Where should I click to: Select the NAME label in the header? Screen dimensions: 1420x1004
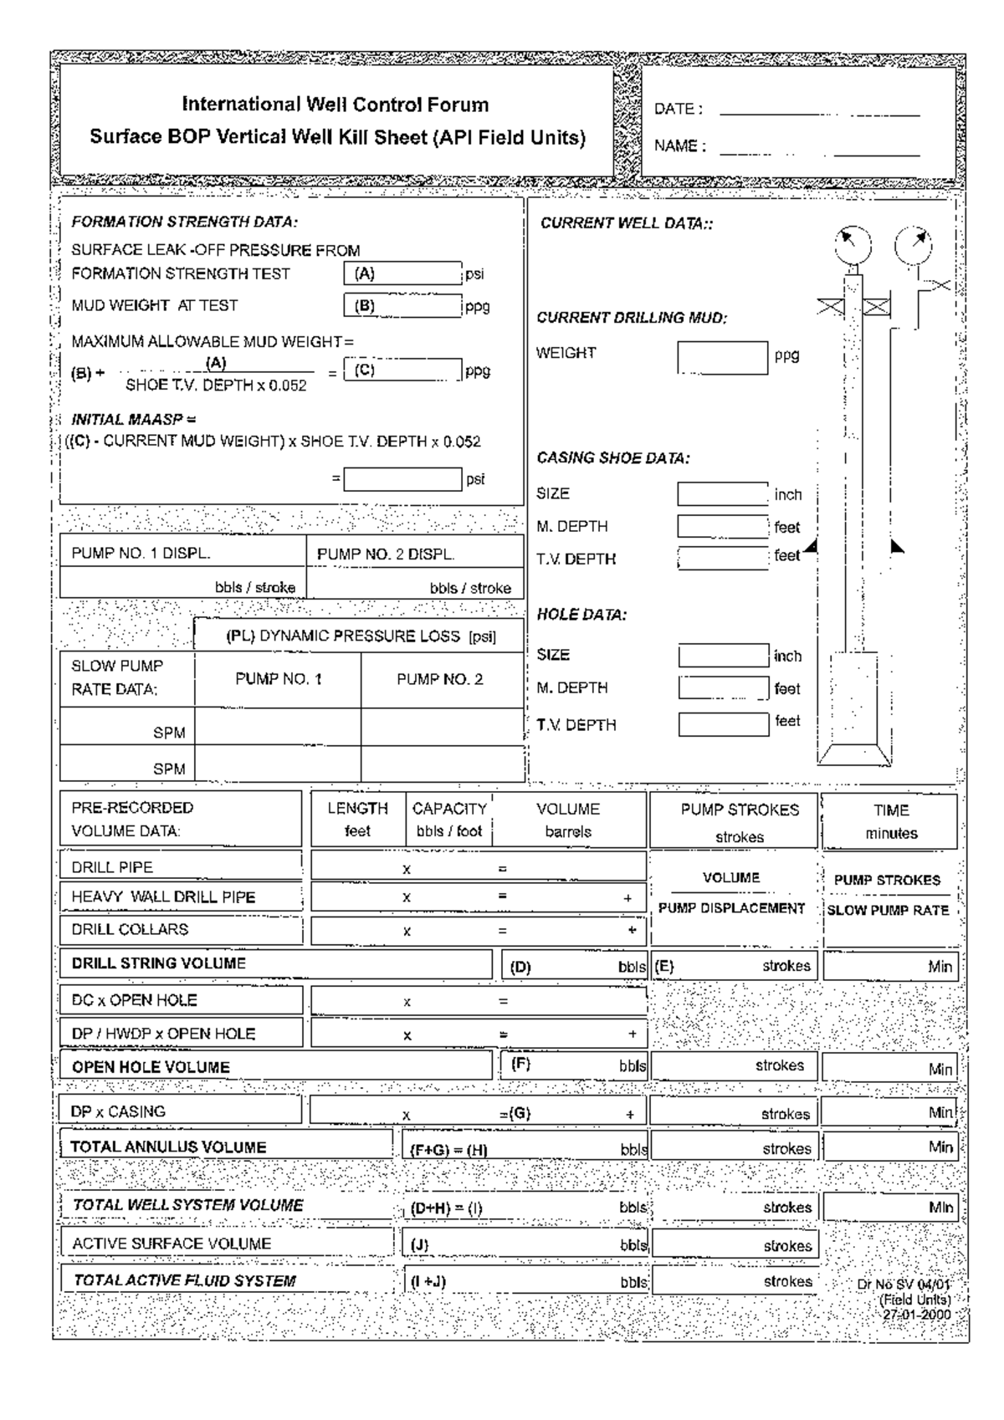point(679,146)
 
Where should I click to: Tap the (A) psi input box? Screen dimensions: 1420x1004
point(402,273)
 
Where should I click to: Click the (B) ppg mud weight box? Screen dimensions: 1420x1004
point(402,305)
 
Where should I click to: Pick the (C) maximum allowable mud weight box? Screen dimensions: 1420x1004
point(402,370)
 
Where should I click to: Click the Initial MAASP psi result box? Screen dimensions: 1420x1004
point(402,479)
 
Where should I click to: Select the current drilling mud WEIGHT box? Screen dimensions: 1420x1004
point(722,358)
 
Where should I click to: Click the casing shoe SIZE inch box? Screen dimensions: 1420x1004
point(722,494)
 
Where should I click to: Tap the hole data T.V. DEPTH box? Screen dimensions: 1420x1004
point(723,724)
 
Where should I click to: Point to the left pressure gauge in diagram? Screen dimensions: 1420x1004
point(853,245)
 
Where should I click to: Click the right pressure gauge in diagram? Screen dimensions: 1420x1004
point(914,245)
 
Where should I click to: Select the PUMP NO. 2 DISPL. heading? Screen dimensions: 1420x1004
point(386,554)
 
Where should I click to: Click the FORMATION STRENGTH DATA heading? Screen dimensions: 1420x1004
point(184,222)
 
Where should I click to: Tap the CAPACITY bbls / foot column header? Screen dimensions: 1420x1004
point(449,820)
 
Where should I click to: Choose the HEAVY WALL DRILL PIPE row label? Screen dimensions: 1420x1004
point(163,897)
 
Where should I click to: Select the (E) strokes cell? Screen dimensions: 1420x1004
point(733,966)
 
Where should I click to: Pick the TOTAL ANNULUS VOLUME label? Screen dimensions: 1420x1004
point(168,1147)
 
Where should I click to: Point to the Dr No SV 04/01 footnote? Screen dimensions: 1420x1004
point(904,1285)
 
